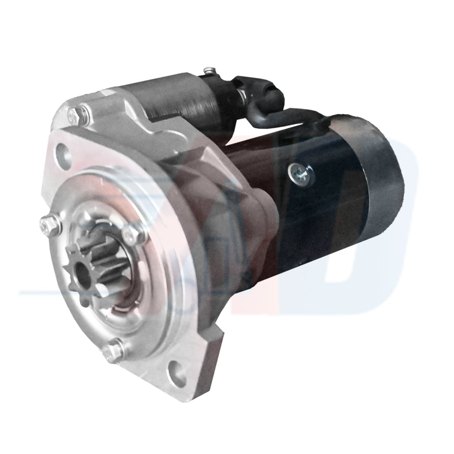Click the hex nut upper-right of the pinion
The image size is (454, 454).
pyautogui.click(x=132, y=232)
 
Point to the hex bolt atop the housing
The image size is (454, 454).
pyautogui.click(x=75, y=116)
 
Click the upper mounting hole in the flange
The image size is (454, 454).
pyautogui.click(x=63, y=153)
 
